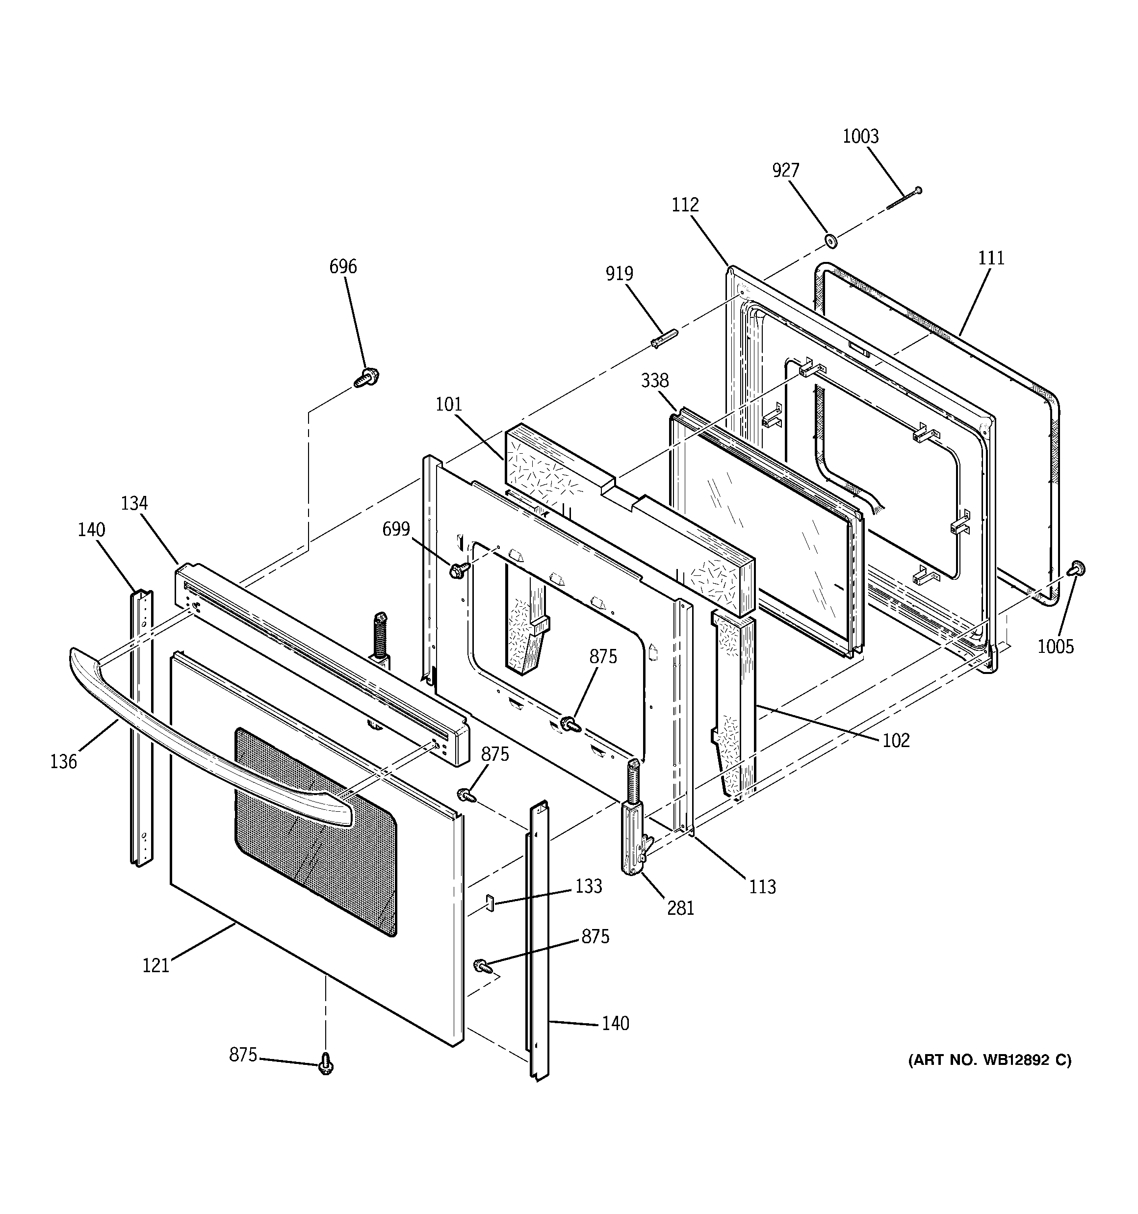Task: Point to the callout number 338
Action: pos(654,381)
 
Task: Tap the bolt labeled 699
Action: pos(459,570)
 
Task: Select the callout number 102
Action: pos(896,740)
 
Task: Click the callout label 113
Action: pos(762,886)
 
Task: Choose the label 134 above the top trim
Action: pos(134,503)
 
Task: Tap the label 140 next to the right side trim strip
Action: pos(615,1023)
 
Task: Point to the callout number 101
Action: pos(448,404)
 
